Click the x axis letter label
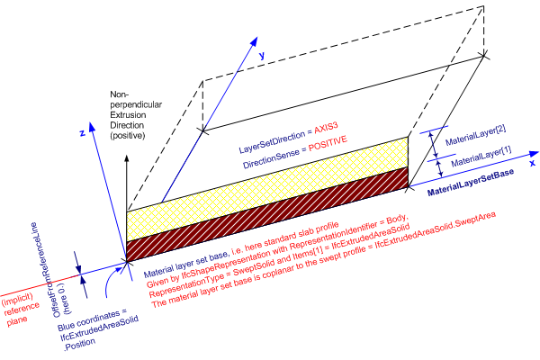coord(532,164)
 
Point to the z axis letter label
coord(82,131)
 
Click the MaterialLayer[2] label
coord(480,131)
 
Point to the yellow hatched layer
coord(270,185)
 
